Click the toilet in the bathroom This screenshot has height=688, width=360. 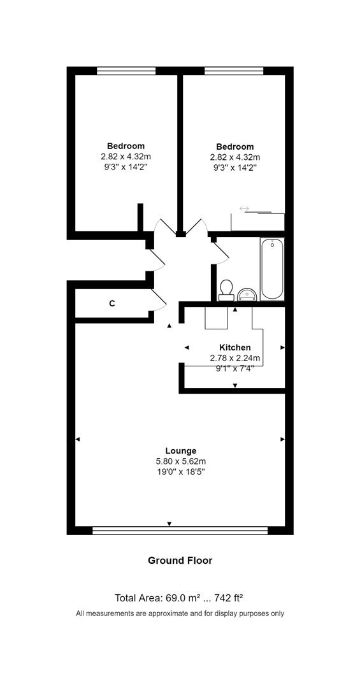click(225, 290)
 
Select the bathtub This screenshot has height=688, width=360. click(271, 269)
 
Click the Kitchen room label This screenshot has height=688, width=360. click(234, 347)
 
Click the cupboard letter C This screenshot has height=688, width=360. click(112, 304)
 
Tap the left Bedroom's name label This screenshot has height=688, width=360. click(126, 146)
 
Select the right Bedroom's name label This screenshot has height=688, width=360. click(234, 147)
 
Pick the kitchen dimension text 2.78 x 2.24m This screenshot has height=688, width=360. click(234, 358)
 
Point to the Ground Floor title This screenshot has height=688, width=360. click(180, 561)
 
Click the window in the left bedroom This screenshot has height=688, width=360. click(126, 71)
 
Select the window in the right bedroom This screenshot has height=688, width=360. click(234, 71)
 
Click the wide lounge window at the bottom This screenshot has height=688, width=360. click(180, 530)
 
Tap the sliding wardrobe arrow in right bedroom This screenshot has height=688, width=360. click(244, 208)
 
